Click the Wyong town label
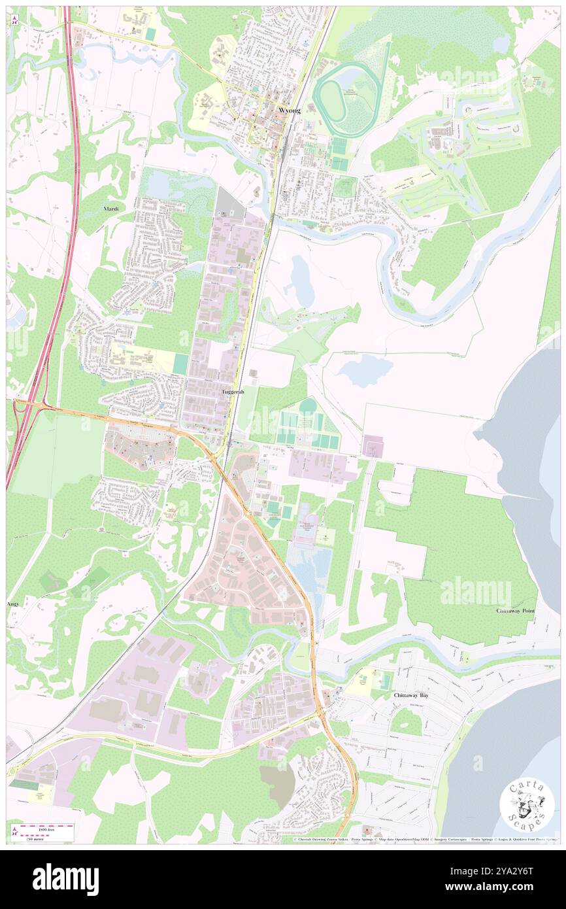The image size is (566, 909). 290,111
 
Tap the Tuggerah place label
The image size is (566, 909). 234,391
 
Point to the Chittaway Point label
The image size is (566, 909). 516,609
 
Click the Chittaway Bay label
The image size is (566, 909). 411,696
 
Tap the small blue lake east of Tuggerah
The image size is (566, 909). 357,370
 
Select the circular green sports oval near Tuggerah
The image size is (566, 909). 307,407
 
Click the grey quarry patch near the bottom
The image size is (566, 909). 276,785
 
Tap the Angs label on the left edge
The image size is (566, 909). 12,604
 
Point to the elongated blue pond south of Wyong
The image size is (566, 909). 302,281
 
